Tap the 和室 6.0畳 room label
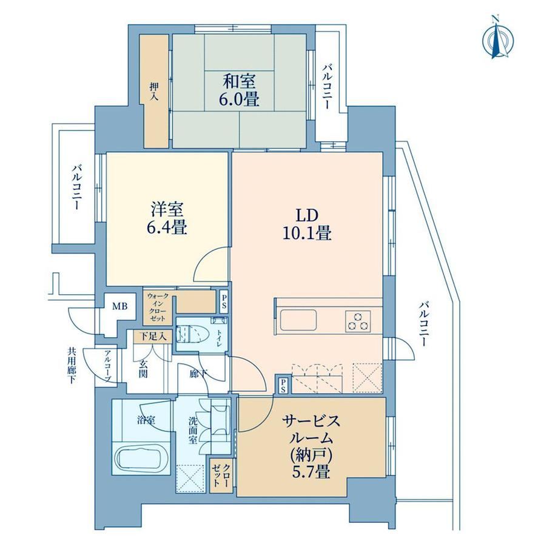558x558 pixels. (239, 90)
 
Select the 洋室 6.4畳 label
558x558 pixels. (167, 218)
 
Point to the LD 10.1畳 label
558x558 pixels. (307, 224)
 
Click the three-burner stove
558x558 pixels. (358, 321)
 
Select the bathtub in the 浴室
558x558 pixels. (143, 459)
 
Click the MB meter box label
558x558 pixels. (120, 306)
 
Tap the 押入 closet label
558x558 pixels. (153, 91)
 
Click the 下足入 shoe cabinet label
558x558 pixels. (153, 336)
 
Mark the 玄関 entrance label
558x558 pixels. (143, 368)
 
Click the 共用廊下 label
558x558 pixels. (72, 366)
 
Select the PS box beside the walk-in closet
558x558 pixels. (223, 301)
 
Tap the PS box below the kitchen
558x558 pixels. (283, 385)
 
